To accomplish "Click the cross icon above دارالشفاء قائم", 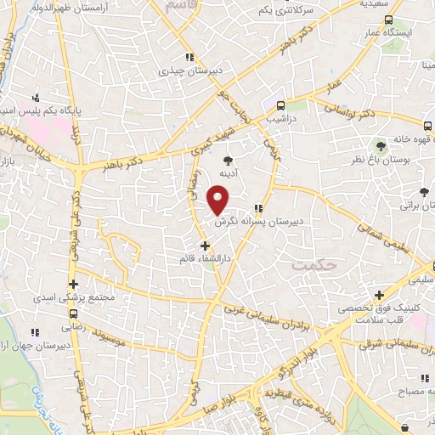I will pos(205,245).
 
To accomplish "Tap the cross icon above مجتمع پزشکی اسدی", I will pos(74,284).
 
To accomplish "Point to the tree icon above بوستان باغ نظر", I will pos(380,146).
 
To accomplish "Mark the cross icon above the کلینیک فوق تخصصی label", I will pos(378,295).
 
